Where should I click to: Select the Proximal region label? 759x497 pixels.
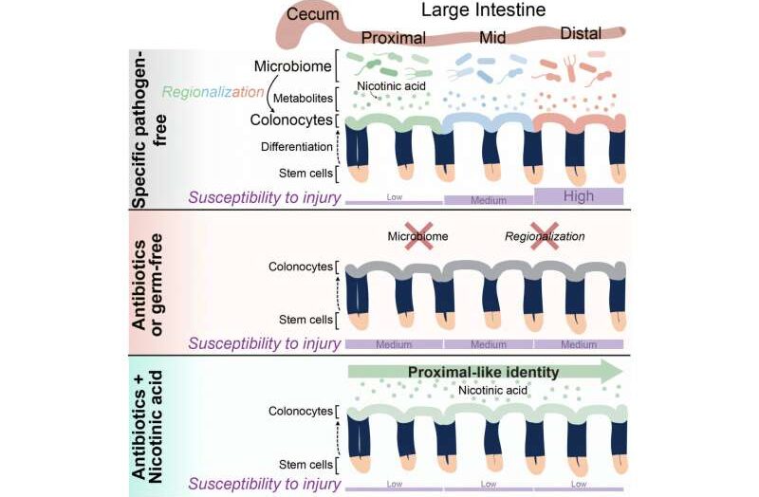(394, 38)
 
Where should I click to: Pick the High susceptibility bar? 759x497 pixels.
(579, 195)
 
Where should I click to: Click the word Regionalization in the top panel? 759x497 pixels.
(212, 92)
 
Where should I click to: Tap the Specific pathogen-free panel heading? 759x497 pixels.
(141, 128)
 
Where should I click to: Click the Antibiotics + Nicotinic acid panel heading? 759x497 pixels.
(141, 422)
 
